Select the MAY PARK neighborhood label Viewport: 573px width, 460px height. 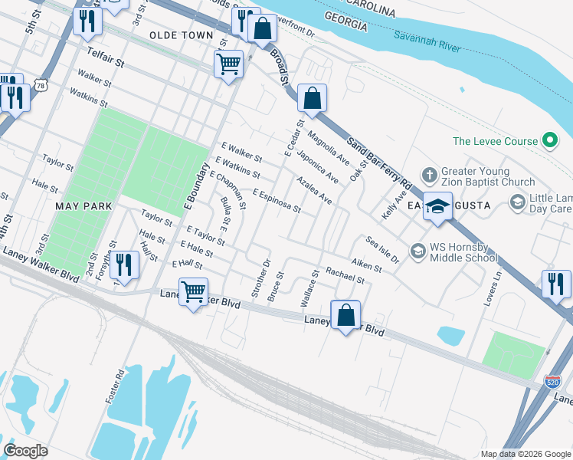(83, 206)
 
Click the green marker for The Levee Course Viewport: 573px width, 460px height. (548, 140)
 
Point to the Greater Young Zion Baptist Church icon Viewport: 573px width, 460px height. (429, 175)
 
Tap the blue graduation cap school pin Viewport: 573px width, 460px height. (437, 208)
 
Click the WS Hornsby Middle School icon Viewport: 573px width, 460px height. (417, 251)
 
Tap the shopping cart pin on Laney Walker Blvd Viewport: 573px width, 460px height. (194, 291)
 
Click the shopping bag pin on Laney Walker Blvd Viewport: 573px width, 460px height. (345, 314)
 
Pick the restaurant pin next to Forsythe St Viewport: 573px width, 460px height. (123, 264)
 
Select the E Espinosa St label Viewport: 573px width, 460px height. (275, 201)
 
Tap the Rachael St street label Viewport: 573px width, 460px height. (344, 275)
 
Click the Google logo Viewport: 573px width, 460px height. (26, 451)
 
